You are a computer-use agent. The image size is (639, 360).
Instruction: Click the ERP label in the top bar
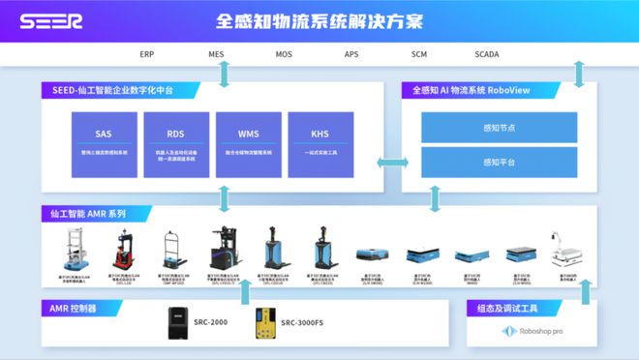[147, 55]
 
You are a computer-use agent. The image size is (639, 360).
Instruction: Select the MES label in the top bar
[215, 55]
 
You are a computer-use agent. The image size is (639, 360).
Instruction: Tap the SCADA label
[487, 55]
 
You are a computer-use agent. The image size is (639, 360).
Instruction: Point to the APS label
[351, 55]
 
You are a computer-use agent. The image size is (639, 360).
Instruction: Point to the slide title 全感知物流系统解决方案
[319, 21]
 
